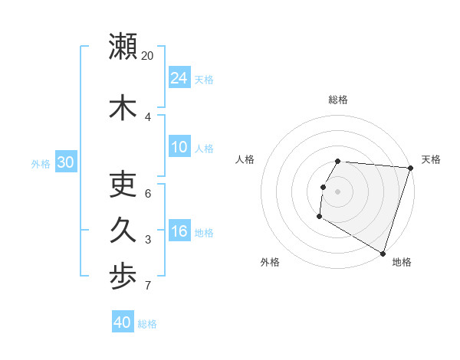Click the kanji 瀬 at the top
point(123,46)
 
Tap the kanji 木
point(123,108)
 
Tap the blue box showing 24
point(179,78)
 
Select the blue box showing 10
point(179,148)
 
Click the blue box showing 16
point(179,232)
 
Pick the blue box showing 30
point(65,162)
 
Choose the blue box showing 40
point(123,322)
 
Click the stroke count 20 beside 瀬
point(147,56)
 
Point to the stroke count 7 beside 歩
point(147,286)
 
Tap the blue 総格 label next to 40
point(147,324)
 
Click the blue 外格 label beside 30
point(41,163)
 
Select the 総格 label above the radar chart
point(338,100)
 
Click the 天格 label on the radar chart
point(431,159)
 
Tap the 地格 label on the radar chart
point(402,262)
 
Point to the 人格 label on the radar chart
point(245,159)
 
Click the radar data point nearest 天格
point(410,168)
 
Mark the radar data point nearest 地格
point(383,252)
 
